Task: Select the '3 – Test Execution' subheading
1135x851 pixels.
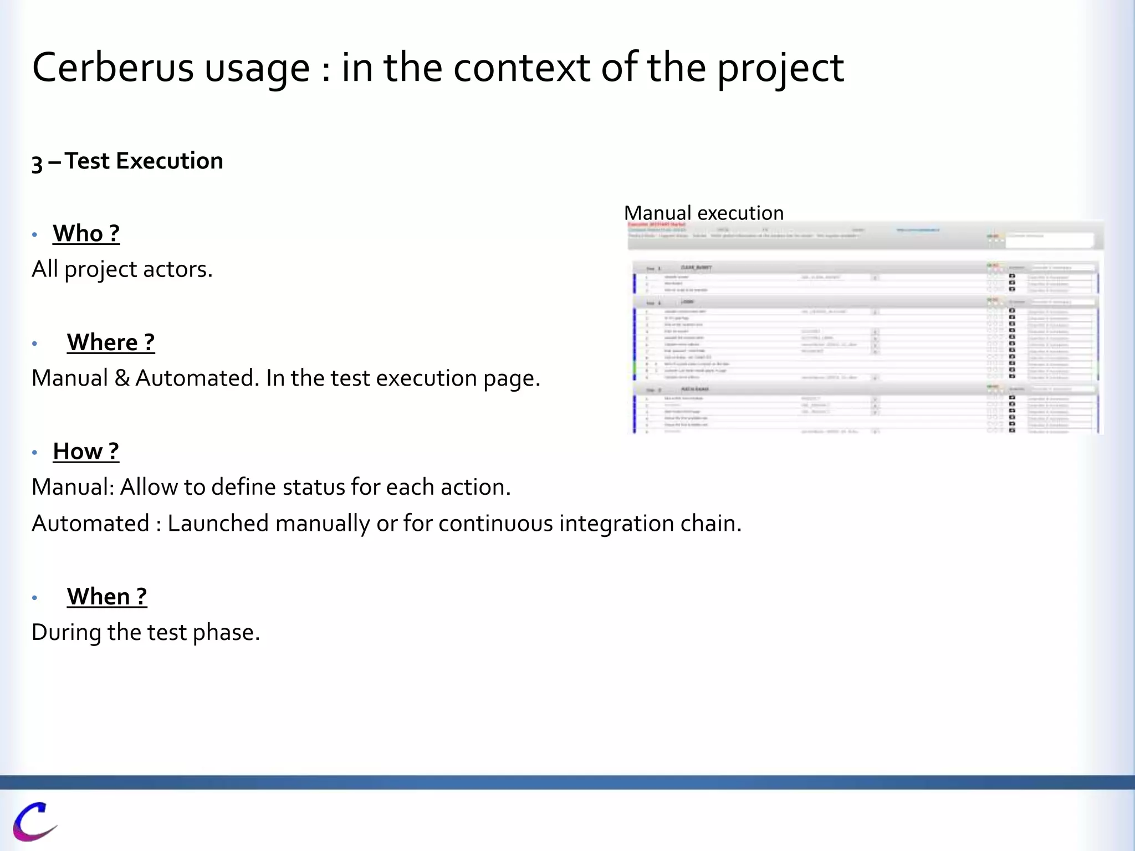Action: coord(127,161)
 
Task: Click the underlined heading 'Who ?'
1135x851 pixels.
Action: coord(86,233)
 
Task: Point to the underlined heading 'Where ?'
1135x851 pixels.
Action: coord(111,342)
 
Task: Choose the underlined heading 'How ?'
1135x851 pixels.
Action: coord(86,452)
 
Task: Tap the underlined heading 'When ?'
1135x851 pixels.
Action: coord(107,597)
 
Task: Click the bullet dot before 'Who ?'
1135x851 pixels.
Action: coord(34,235)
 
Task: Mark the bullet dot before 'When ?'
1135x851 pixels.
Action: coord(34,598)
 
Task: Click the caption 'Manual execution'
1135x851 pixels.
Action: coord(703,213)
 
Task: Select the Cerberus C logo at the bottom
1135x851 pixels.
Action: coord(34,821)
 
